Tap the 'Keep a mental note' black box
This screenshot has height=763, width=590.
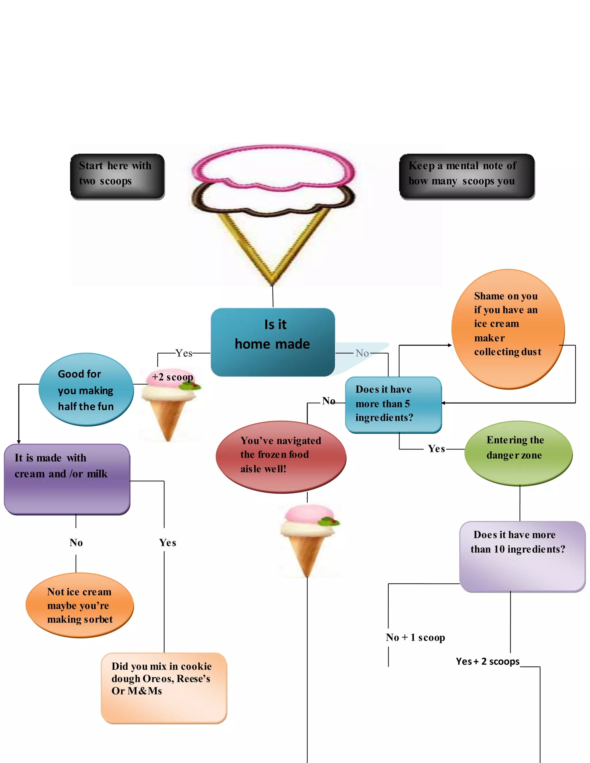tap(467, 176)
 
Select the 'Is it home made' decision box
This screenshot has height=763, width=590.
tap(273, 342)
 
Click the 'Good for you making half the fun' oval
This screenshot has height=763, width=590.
tap(86, 389)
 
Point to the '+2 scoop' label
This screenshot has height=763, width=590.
tap(172, 377)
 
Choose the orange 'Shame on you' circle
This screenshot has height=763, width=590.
tap(508, 329)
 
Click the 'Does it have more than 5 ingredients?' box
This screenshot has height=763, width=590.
tap(393, 404)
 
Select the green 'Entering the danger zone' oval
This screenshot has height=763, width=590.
tap(518, 452)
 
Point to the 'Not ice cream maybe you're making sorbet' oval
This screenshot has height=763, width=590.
tap(80, 605)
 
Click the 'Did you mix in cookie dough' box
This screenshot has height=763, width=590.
tap(164, 687)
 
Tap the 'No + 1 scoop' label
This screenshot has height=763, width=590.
tap(415, 637)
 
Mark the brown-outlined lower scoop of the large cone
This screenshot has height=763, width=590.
tap(273, 199)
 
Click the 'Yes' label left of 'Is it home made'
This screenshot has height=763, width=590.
tap(184, 353)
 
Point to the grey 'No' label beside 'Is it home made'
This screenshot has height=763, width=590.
tap(362, 353)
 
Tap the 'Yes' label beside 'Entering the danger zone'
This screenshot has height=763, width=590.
tap(436, 449)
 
